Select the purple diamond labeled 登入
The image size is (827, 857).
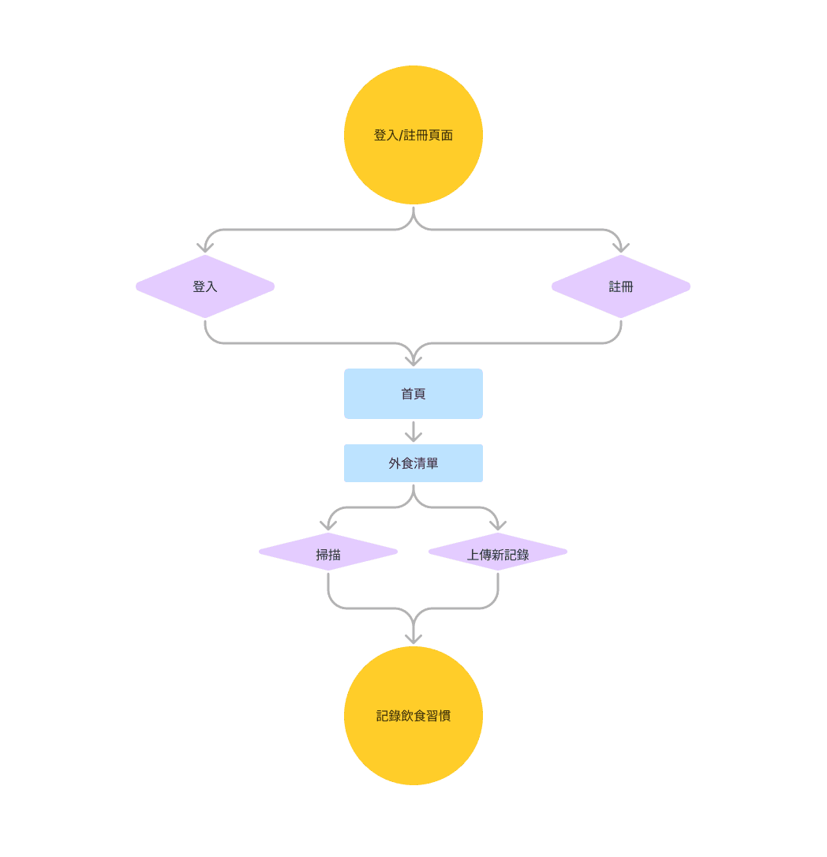(204, 286)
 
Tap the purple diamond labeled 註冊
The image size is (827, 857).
(620, 286)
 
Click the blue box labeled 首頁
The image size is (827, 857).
(413, 394)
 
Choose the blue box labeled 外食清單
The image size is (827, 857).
(413, 463)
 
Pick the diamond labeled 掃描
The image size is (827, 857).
(327, 554)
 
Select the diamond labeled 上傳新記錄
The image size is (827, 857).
(497, 554)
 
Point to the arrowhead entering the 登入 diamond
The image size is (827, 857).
(205, 248)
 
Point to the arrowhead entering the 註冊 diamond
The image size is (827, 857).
(621, 248)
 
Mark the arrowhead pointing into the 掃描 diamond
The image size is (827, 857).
(328, 526)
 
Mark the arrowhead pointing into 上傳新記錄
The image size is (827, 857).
(498, 526)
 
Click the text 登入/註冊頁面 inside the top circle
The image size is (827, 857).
(413, 135)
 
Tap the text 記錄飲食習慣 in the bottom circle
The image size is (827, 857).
(413, 716)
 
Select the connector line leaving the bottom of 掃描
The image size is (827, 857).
(328, 588)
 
